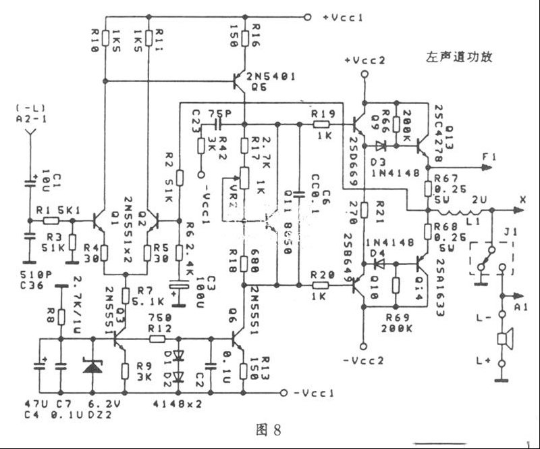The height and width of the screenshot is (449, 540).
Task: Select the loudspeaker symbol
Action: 504,339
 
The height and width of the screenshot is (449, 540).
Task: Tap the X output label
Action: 522,200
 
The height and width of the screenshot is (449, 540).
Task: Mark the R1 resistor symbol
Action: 48,220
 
